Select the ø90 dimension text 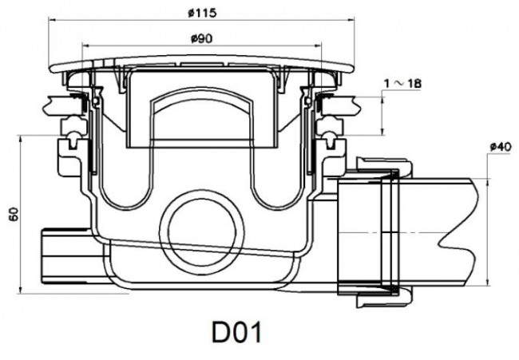point(201,39)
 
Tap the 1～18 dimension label point(402,83)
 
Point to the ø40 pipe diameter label point(501,146)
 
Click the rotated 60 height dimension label point(14,215)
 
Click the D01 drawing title point(236,333)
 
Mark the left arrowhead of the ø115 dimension point(52,19)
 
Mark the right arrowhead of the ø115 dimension point(351,20)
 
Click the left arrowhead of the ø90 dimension point(85,45)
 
